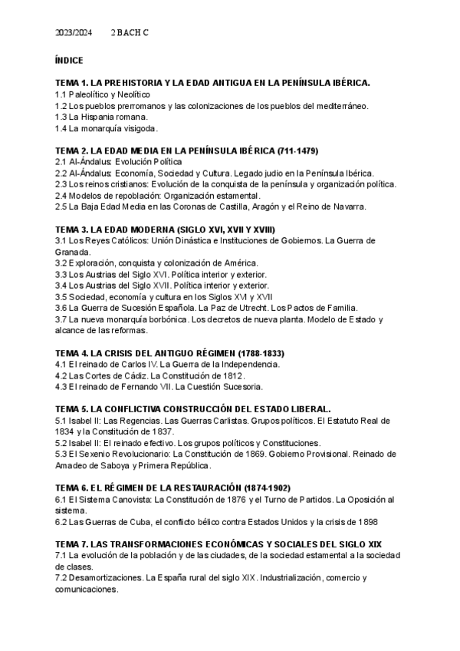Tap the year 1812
[x=232, y=375]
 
